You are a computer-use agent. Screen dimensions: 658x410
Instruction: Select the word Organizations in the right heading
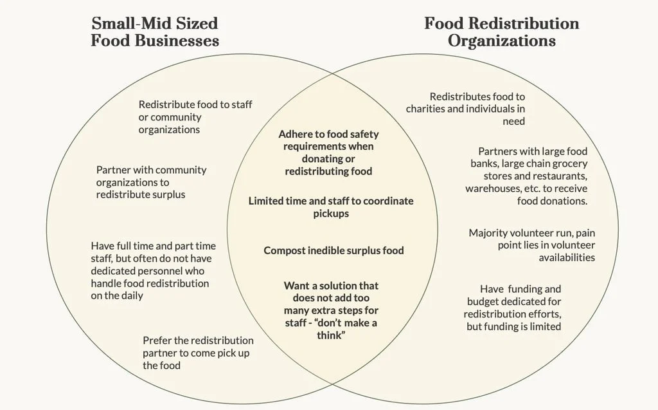pos(501,41)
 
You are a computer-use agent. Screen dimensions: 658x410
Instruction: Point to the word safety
pos(364,135)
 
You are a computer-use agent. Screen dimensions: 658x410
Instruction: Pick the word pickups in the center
pos(332,213)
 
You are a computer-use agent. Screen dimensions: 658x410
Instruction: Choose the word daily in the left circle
pos(131,295)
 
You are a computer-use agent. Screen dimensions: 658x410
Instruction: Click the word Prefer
pos(157,340)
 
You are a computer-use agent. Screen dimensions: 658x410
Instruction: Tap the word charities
pos(425,109)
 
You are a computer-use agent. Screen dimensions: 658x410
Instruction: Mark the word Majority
pos(490,233)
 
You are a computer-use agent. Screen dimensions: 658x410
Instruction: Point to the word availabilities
pos(567,257)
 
